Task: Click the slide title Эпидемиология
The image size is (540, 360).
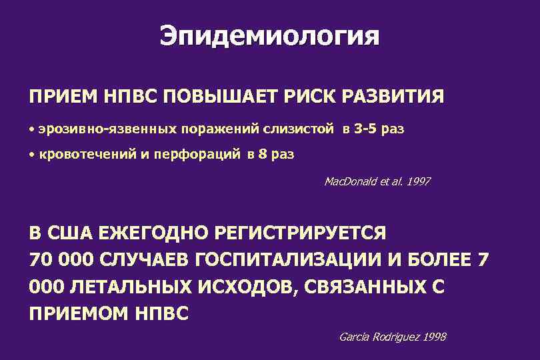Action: (269, 35)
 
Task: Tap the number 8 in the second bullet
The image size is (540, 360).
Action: (261, 155)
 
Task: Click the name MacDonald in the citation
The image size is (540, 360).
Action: (348, 181)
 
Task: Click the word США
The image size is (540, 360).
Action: (69, 234)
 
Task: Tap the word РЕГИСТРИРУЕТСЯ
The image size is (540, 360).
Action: (301, 234)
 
